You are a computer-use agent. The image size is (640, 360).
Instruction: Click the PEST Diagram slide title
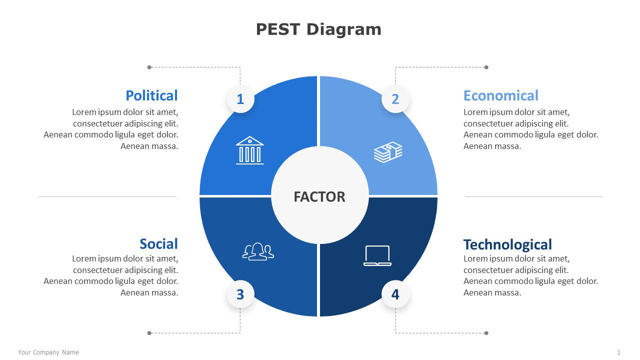tap(318, 29)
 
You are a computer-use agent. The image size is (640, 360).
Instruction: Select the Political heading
tap(151, 95)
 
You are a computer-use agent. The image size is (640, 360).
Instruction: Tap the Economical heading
tap(500, 95)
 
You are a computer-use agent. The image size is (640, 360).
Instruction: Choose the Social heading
tap(158, 244)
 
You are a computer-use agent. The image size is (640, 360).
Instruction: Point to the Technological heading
tap(507, 244)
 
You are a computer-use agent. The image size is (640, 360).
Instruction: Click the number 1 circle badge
tap(240, 99)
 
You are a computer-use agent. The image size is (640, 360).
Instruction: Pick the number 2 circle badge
tap(395, 99)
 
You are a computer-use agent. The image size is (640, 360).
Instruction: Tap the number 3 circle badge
tap(240, 294)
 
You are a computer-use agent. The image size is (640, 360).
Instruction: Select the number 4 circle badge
tap(395, 294)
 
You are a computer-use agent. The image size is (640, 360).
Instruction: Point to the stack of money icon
tap(388, 152)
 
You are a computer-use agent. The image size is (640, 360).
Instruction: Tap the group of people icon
tap(258, 251)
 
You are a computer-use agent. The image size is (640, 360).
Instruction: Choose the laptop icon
tap(377, 255)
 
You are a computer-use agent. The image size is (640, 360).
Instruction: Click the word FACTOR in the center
tap(319, 197)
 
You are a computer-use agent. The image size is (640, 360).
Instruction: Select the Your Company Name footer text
tap(48, 352)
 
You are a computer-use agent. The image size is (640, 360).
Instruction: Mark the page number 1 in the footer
tap(619, 352)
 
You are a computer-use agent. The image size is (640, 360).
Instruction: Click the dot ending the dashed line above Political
tap(149, 67)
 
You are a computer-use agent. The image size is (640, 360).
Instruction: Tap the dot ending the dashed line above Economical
tap(486, 67)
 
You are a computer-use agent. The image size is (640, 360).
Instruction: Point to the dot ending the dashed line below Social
tap(149, 333)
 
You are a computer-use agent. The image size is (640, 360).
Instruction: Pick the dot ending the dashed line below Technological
tap(486, 333)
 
